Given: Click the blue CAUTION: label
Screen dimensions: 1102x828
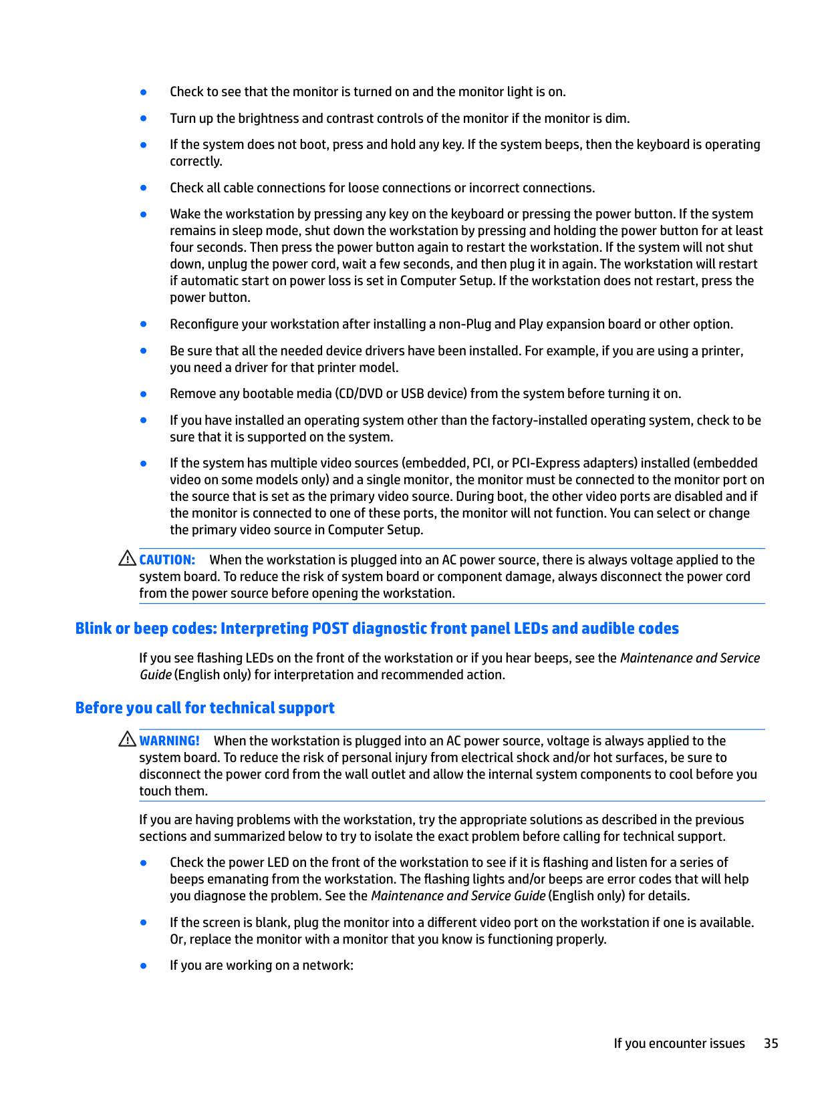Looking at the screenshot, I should (x=167, y=560).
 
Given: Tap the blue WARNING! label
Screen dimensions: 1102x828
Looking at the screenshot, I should (x=169, y=741).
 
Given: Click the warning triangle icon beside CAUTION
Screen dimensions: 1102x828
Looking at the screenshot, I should (x=127, y=558).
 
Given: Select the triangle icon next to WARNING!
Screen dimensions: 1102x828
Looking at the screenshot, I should (x=127, y=739).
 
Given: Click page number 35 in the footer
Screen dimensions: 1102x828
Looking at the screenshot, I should (x=771, y=1043).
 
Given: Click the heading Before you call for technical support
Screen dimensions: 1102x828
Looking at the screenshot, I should (x=204, y=708).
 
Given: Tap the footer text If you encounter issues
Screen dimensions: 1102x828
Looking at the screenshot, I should (x=679, y=1043).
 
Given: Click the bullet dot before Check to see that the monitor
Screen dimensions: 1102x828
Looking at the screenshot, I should (x=144, y=92).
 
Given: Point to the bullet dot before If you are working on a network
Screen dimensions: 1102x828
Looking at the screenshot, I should (x=144, y=966).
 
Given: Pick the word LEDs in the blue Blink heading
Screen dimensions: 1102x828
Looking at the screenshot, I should (x=531, y=628).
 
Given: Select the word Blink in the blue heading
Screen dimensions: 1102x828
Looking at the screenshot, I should (x=93, y=628).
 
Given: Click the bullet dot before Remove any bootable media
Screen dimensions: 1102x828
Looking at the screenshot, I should (x=144, y=394).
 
